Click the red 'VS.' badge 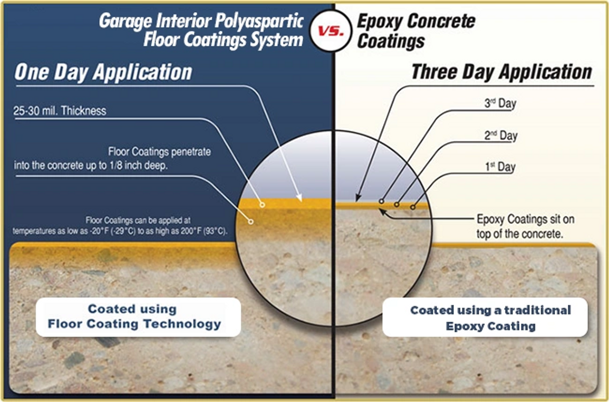click(331, 31)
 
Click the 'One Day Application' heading click(103, 72)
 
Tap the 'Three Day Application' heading click(501, 72)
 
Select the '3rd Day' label click(500, 103)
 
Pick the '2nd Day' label click(501, 135)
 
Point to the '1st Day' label click(500, 167)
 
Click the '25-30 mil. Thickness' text click(60, 111)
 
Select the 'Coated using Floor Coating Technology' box click(138, 317)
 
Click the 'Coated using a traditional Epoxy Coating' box click(485, 317)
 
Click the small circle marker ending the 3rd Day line click(382, 201)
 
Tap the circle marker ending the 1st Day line click(413, 207)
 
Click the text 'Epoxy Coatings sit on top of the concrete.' click(526, 226)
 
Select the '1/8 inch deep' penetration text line click(91, 165)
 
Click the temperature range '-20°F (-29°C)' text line click(120, 231)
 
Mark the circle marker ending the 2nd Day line click(397, 204)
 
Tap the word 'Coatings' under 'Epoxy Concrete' click(391, 41)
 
